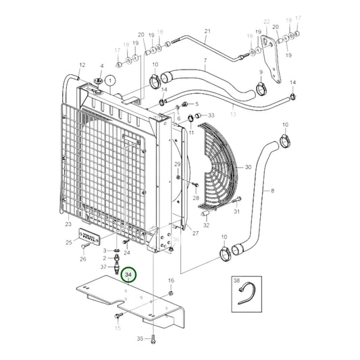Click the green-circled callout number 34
point(128,275)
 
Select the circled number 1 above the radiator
point(111,80)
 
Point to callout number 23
point(68,224)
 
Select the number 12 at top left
point(82,65)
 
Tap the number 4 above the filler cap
point(101,66)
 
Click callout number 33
point(211,115)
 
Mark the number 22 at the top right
point(266,22)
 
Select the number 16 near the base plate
point(171,280)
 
